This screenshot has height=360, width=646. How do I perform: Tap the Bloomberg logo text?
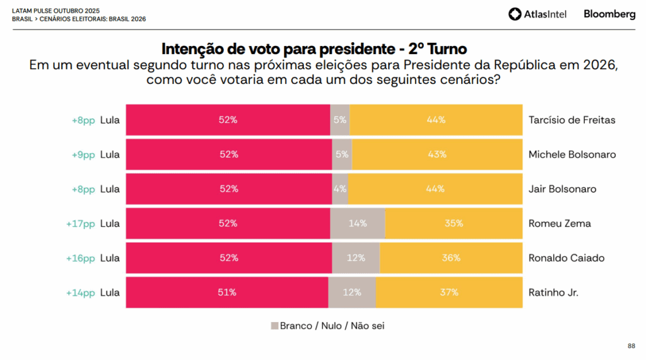[609, 14]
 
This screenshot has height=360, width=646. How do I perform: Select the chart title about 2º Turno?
[314, 49]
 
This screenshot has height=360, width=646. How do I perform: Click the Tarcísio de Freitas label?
[572, 120]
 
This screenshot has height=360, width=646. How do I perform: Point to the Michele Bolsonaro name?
[572, 154]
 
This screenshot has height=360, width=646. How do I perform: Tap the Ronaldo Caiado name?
[567, 258]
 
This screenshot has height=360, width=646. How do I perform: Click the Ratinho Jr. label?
[553, 293]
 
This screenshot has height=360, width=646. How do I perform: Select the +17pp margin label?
[80, 223]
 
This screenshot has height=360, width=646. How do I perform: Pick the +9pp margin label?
[83, 154]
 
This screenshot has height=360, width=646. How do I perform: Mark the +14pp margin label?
[80, 293]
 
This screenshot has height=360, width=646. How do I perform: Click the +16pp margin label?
[80, 258]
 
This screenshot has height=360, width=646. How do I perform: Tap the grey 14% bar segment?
[358, 223]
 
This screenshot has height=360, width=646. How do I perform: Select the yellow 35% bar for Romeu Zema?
[454, 223]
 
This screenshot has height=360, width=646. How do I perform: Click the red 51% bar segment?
[227, 293]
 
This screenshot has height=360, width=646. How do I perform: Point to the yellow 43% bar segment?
[437, 154]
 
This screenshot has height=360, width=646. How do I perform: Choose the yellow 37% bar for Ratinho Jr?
[449, 293]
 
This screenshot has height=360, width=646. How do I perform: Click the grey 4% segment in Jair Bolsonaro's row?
[339, 189]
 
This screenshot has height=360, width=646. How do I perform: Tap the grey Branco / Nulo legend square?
[274, 326]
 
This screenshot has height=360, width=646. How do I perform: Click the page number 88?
[631, 345]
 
